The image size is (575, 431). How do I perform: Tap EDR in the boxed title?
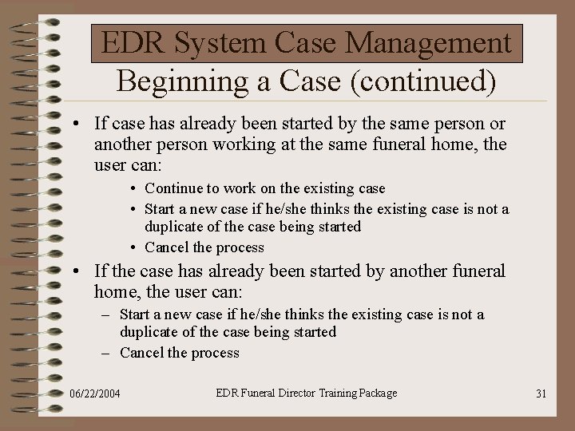point(131,43)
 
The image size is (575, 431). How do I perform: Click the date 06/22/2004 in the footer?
point(95,393)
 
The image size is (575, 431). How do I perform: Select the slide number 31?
point(541,393)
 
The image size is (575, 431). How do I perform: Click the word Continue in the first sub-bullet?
point(172,188)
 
